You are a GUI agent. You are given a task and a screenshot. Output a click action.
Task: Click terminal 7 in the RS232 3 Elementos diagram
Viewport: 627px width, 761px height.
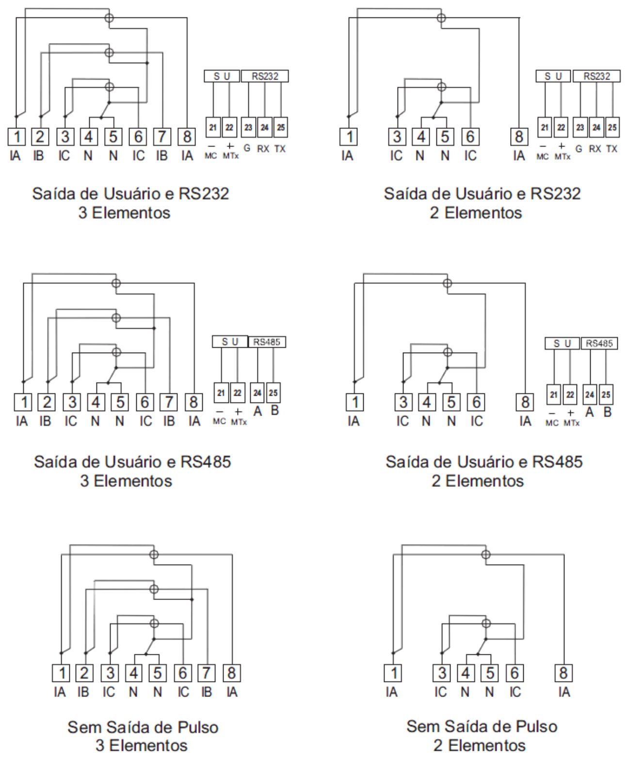coord(162,137)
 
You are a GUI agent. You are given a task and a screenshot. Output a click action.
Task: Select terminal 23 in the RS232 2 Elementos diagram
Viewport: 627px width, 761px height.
coord(580,127)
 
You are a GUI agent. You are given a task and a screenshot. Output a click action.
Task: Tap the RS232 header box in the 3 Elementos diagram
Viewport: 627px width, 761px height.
coord(265,76)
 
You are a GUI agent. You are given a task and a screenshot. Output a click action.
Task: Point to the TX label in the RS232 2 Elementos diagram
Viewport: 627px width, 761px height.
coord(611,149)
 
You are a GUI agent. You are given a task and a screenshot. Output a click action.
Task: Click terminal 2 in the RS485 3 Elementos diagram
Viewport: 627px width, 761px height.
coord(48,402)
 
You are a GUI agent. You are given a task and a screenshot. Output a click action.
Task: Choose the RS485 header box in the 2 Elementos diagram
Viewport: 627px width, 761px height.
coord(599,343)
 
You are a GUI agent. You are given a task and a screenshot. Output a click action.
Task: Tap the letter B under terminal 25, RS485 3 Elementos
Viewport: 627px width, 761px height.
coord(274,410)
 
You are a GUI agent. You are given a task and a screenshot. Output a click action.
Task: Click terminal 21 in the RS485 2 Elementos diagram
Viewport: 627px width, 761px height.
coord(554,394)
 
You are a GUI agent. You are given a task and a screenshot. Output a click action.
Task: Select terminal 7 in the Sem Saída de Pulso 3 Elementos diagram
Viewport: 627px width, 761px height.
coord(207,673)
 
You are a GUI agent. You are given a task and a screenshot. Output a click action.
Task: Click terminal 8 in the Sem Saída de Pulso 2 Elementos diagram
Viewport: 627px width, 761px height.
coord(563,673)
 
